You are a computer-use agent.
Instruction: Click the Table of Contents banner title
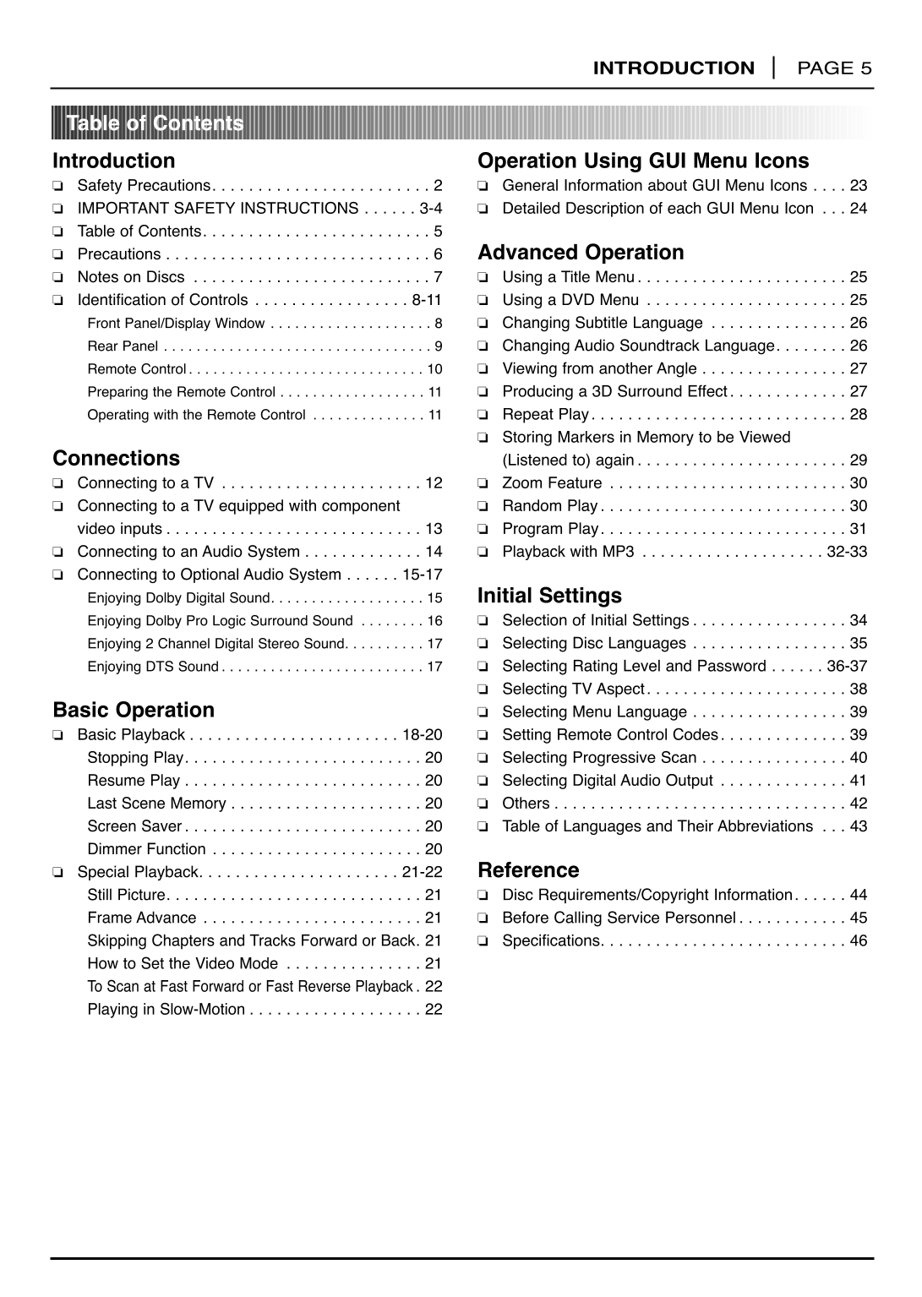155,123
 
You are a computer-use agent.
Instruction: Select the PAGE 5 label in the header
834,68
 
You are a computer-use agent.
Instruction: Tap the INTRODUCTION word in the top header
674,68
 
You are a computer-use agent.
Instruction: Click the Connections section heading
116,458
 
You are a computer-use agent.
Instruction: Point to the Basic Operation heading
134,710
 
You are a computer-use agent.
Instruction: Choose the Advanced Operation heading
581,252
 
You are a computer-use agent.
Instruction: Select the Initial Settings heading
549,595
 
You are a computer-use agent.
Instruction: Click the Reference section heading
528,869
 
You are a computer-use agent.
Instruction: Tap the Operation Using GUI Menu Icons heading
643,161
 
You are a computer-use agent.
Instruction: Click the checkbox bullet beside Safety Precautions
57,186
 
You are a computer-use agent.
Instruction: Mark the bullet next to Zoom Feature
483,483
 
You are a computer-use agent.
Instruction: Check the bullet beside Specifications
483,941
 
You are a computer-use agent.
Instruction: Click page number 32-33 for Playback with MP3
847,552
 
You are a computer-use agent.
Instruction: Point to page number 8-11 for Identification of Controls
427,300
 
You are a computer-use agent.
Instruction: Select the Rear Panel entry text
123,346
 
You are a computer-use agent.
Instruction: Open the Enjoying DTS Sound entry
153,667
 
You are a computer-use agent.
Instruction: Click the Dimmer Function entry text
146,849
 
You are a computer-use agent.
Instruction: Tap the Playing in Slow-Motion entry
166,1010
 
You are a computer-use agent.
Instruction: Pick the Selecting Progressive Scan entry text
599,758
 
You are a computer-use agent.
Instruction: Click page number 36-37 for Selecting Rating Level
847,666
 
